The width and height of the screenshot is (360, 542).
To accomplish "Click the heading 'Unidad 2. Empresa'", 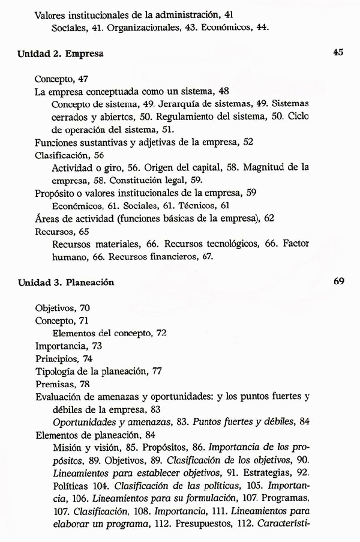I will point(61,53).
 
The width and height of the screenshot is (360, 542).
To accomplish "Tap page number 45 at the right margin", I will point(337,53).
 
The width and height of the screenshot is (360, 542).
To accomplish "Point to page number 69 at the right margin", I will point(337,281).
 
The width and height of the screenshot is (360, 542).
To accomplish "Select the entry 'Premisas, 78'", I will point(61,384).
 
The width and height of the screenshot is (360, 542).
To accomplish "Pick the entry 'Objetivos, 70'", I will point(62,308).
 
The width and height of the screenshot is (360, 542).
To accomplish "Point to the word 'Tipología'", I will point(53,371).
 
